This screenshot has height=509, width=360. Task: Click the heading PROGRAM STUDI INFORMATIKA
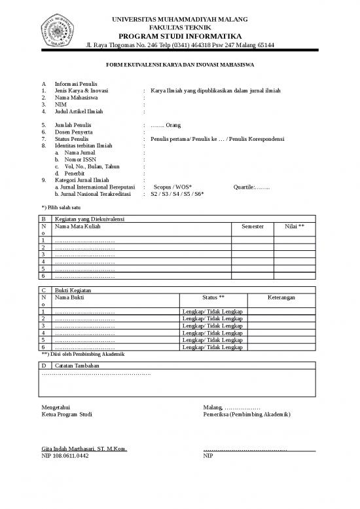point(180,35)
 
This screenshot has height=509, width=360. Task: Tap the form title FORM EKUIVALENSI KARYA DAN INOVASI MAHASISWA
point(180,66)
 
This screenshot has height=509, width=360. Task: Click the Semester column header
point(253,226)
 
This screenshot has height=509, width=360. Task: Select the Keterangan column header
point(281,297)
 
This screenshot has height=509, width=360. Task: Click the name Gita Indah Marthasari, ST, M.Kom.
point(84,449)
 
